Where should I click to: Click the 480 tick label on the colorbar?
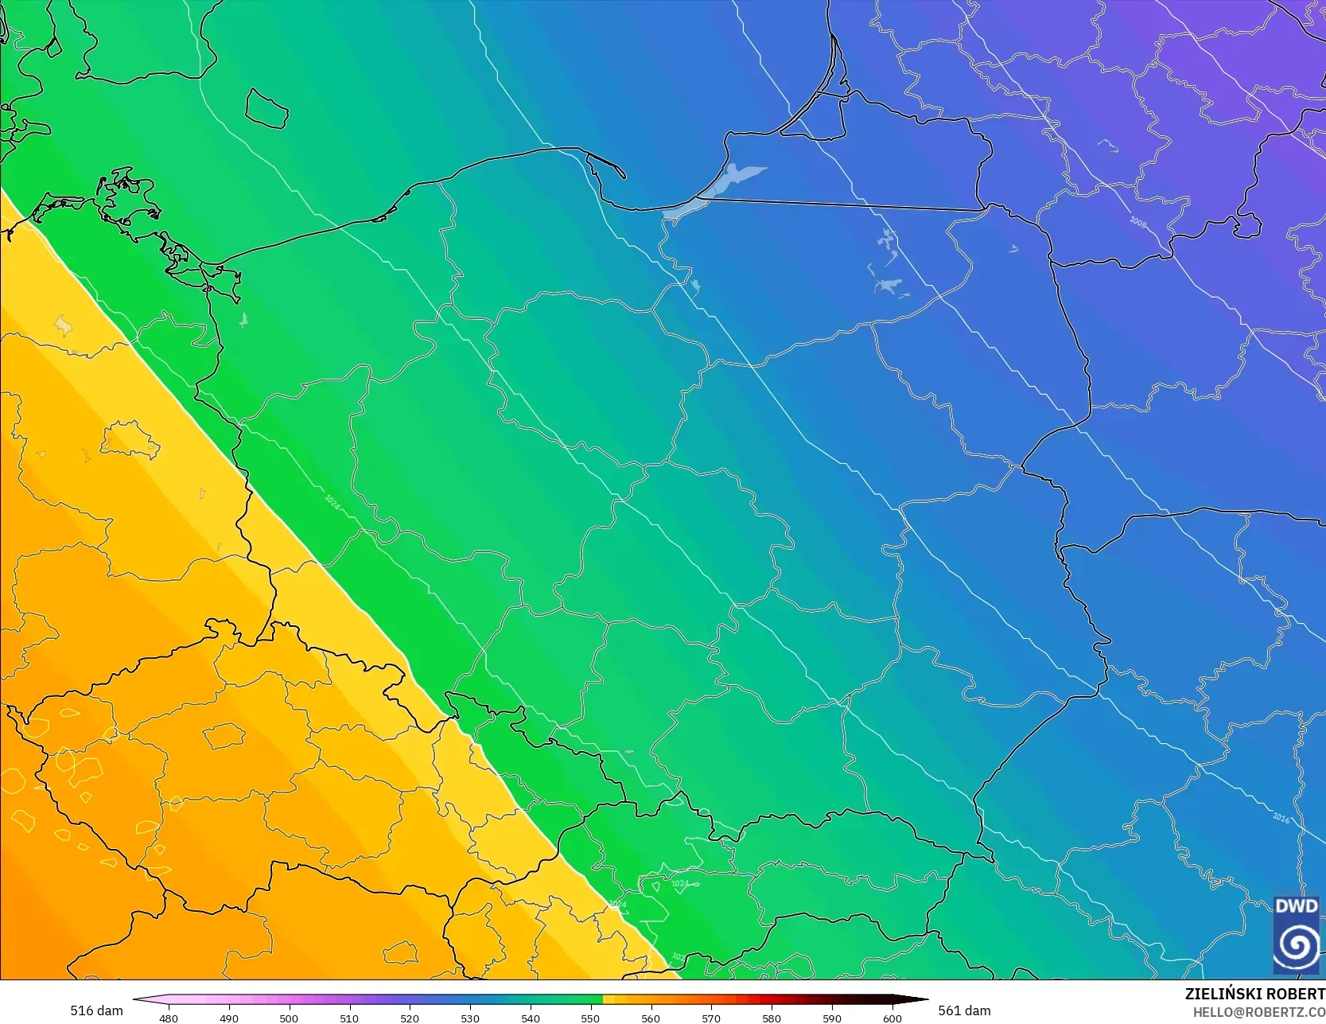(169, 1018)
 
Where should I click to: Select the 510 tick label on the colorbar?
(349, 1018)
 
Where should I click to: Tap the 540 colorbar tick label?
(531, 1018)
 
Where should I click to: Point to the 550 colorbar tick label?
(590, 1018)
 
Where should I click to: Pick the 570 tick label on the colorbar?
(711, 1018)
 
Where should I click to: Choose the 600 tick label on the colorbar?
(892, 1018)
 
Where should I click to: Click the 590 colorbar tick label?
(832, 1018)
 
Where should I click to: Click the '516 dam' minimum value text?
(96, 1010)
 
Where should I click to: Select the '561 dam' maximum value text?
(964, 1010)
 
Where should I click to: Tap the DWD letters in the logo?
(1297, 906)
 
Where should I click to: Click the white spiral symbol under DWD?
(1297, 944)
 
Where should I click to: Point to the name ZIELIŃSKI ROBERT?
(1254, 994)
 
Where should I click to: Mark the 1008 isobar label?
(1138, 222)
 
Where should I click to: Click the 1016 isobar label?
(1281, 817)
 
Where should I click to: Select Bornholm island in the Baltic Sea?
(266, 108)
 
